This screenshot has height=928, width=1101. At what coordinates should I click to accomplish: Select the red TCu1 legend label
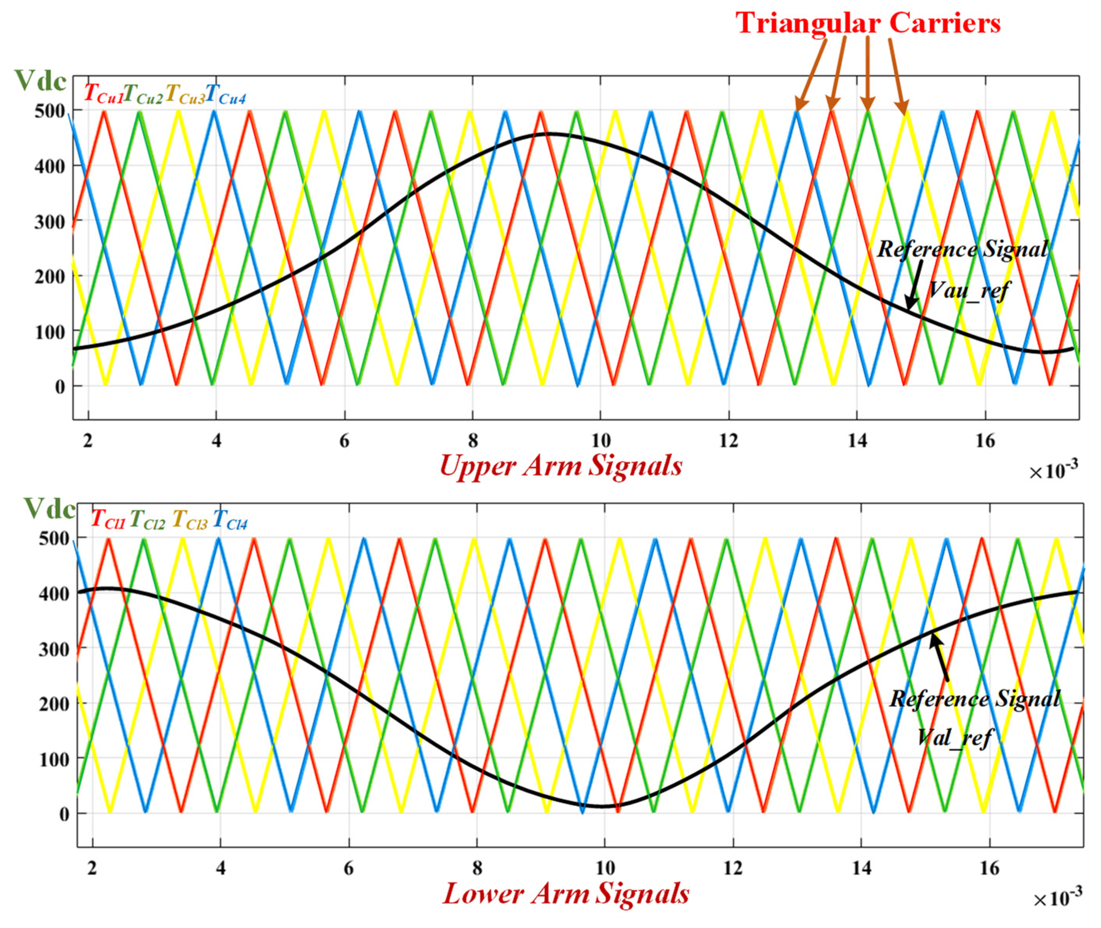click(x=103, y=94)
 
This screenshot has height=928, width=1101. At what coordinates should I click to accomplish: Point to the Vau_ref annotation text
click(x=968, y=290)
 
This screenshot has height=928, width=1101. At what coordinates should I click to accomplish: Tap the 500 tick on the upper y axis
click(x=50, y=111)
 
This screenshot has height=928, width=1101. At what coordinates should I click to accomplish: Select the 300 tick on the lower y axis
click(x=54, y=650)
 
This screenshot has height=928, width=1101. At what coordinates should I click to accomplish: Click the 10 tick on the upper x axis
click(x=601, y=440)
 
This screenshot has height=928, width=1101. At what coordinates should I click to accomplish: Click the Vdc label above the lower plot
click(x=50, y=509)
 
